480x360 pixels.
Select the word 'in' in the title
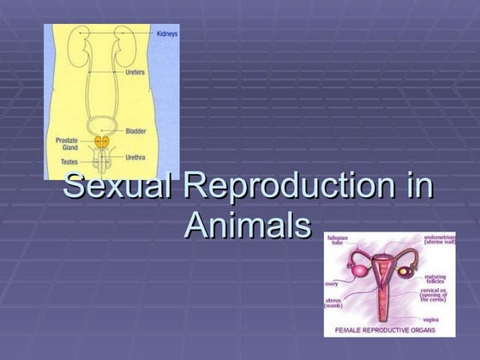click(x=418, y=187)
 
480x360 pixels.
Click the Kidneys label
click(x=167, y=33)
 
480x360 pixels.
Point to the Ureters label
click(x=135, y=73)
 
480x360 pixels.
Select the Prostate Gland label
click(x=67, y=143)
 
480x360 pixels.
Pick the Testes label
click(x=68, y=160)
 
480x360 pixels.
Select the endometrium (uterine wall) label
click(x=445, y=240)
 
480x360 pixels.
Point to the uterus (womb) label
click(x=334, y=303)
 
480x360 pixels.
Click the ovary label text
click(x=331, y=283)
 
